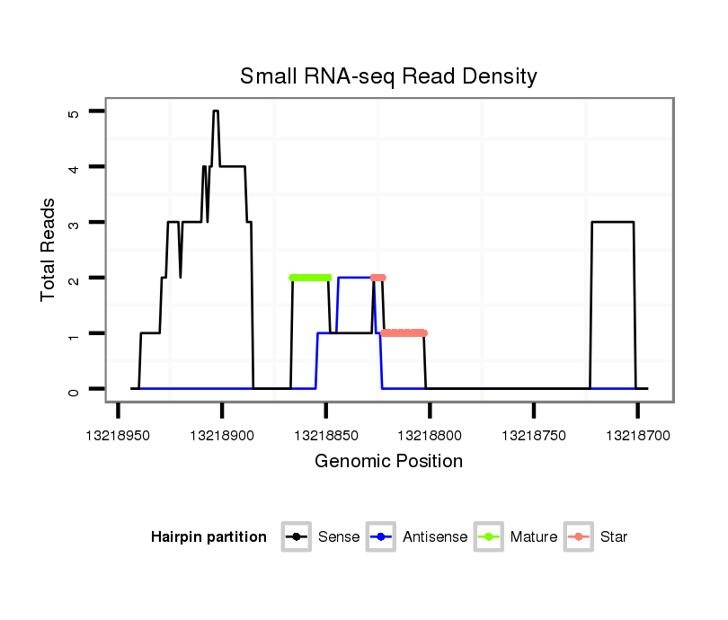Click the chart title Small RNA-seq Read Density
point(388,76)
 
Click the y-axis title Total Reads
point(49,250)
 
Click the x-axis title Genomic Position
point(388,462)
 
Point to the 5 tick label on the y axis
point(74,112)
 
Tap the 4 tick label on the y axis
point(74,168)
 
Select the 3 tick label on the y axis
point(74,223)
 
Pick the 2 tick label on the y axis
point(74,279)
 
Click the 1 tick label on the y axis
point(74,334)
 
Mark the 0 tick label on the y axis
point(74,390)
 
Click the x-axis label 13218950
point(118,434)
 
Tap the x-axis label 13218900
point(222,434)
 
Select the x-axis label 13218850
point(325,434)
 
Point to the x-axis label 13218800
point(430,434)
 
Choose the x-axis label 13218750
point(534,434)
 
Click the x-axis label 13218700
point(637,434)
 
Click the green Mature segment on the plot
point(310,278)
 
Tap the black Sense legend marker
point(296,537)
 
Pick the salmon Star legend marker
point(578,537)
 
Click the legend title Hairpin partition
point(209,537)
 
